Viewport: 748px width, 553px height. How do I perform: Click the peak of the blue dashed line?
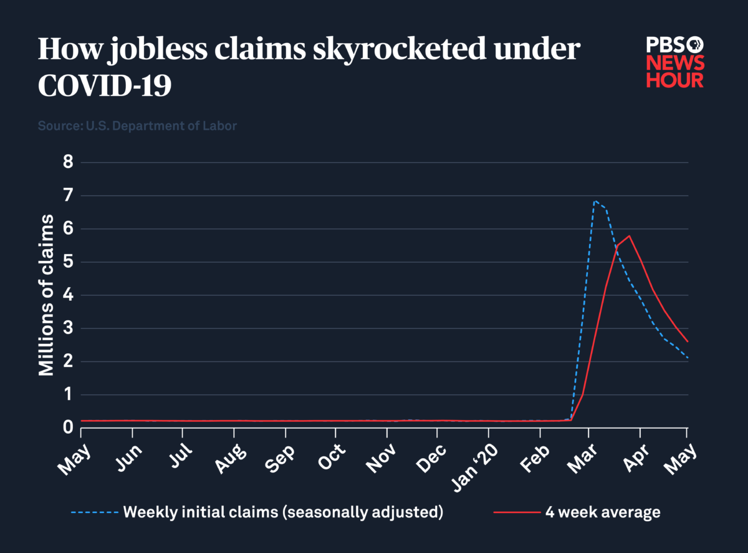pos(595,201)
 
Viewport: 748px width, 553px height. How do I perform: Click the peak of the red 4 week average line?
pos(630,236)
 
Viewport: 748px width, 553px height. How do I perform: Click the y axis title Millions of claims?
pos(47,295)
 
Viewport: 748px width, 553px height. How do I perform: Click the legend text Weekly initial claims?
pos(283,512)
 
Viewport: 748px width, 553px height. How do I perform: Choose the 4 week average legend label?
pos(602,512)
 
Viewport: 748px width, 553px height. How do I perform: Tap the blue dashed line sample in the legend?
pos(94,512)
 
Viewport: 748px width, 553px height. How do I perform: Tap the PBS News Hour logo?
pos(674,62)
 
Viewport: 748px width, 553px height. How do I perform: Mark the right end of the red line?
pos(687,341)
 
